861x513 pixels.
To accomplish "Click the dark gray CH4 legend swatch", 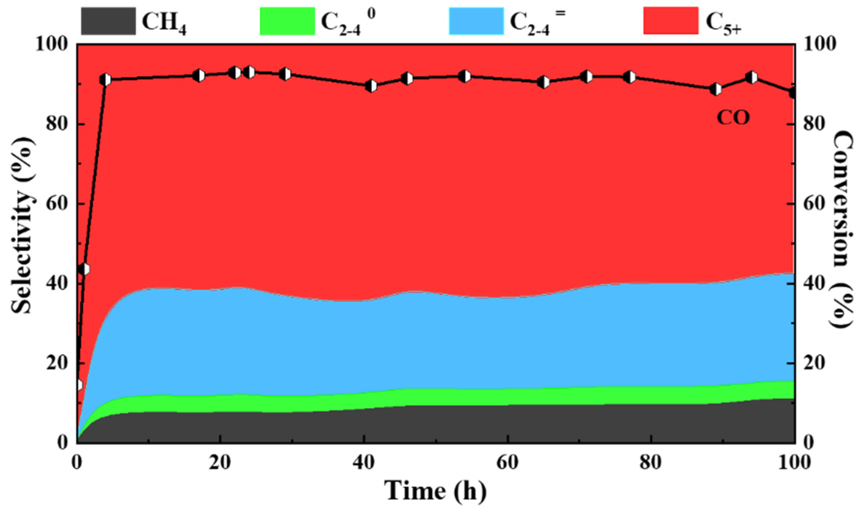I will click(108, 21).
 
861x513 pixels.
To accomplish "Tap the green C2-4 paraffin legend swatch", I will click(287, 21).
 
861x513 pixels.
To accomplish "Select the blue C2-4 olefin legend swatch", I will click(476, 21).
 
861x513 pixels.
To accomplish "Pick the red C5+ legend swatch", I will click(671, 21).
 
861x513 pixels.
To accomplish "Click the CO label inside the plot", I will click(733, 117).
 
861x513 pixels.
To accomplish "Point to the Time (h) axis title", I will click(435, 491).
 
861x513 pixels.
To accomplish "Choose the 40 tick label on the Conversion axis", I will click(811, 284).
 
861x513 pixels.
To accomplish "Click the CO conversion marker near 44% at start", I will click(84, 269).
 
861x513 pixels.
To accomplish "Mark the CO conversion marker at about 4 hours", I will click(105, 80).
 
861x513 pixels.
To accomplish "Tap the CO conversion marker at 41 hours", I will click(371, 86).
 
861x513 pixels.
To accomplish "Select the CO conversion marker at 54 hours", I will click(465, 76).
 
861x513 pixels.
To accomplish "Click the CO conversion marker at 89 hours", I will click(716, 89).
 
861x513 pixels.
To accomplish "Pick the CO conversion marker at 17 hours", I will click(199, 76).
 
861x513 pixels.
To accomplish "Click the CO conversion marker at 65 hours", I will click(543, 82).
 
